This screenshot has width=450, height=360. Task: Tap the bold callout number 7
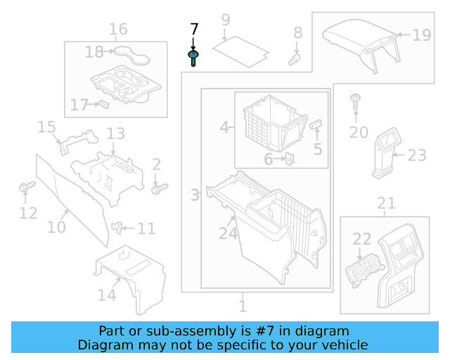(194, 30)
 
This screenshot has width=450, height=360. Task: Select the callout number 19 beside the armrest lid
(421, 34)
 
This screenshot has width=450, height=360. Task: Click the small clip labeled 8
(295, 59)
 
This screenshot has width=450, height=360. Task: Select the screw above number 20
(356, 103)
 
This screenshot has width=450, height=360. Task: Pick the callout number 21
(386, 204)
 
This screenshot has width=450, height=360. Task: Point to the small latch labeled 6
(288, 160)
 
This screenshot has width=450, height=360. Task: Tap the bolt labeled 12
(27, 188)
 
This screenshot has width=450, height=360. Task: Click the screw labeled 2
(160, 188)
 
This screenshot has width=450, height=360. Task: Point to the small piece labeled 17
(102, 104)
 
